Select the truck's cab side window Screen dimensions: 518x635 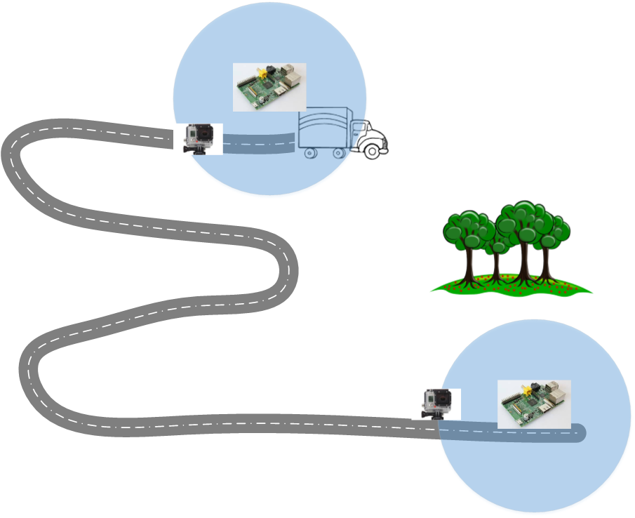(359, 129)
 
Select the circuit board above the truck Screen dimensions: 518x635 (269, 87)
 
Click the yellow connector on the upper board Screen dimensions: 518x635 (262, 72)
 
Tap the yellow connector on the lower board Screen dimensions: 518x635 (526, 388)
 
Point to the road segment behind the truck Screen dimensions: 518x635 (260, 145)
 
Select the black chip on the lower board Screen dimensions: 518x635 (531, 405)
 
